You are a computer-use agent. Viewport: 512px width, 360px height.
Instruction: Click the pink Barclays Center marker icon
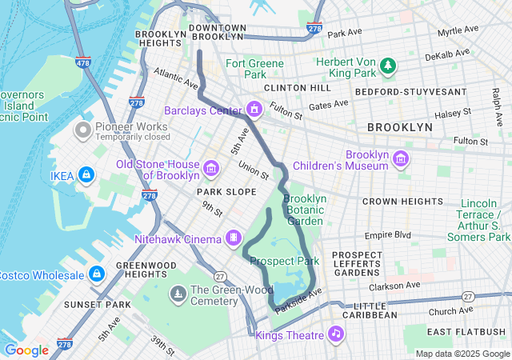tap(254, 110)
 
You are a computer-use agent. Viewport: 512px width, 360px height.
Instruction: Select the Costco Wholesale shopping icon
tap(97, 275)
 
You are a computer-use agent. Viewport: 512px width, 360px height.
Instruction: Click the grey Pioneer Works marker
tap(82, 129)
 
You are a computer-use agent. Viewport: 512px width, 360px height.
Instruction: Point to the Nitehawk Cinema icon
tap(233, 238)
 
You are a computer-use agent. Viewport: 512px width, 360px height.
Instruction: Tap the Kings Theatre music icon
tap(336, 334)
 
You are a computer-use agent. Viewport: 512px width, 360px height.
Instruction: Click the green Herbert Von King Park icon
tap(388, 65)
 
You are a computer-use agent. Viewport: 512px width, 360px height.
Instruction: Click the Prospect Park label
tap(284, 261)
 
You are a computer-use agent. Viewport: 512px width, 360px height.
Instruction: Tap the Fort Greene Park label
tap(254, 69)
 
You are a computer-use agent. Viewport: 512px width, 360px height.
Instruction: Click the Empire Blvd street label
tap(387, 235)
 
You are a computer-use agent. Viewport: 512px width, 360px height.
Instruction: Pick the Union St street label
tap(254, 169)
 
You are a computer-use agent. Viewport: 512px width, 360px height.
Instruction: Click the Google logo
tap(26, 350)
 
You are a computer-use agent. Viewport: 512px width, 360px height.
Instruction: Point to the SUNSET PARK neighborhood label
tap(98, 305)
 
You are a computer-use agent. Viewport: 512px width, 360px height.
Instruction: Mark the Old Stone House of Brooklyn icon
tap(212, 167)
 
